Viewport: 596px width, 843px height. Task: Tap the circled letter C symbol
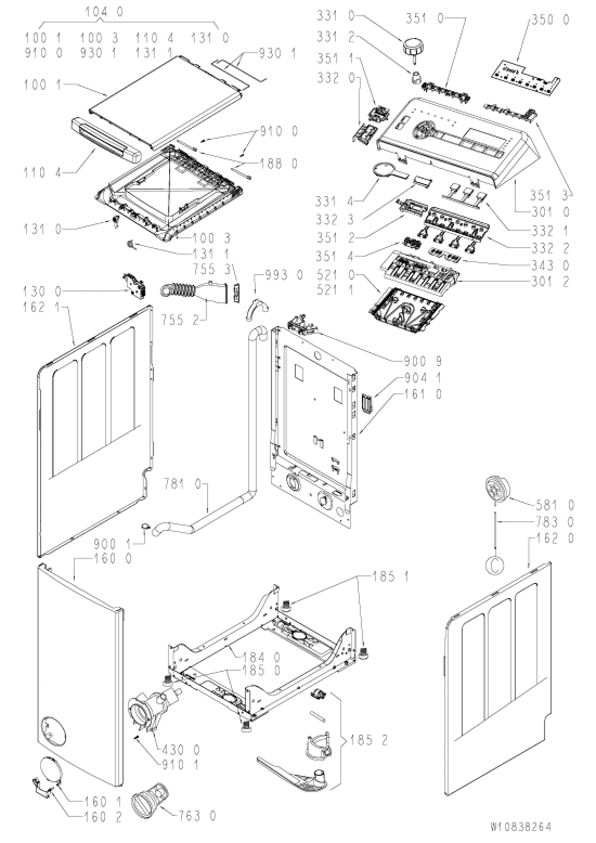[494, 565]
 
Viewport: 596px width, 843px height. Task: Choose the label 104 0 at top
[104, 11]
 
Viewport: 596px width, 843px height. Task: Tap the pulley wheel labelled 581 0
[497, 487]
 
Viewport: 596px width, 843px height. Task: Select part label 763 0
[183, 814]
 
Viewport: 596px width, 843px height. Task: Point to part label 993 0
[284, 275]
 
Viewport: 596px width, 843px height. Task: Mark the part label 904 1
[422, 378]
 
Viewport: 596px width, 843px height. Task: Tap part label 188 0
[280, 164]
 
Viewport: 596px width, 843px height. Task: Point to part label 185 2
[369, 740]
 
